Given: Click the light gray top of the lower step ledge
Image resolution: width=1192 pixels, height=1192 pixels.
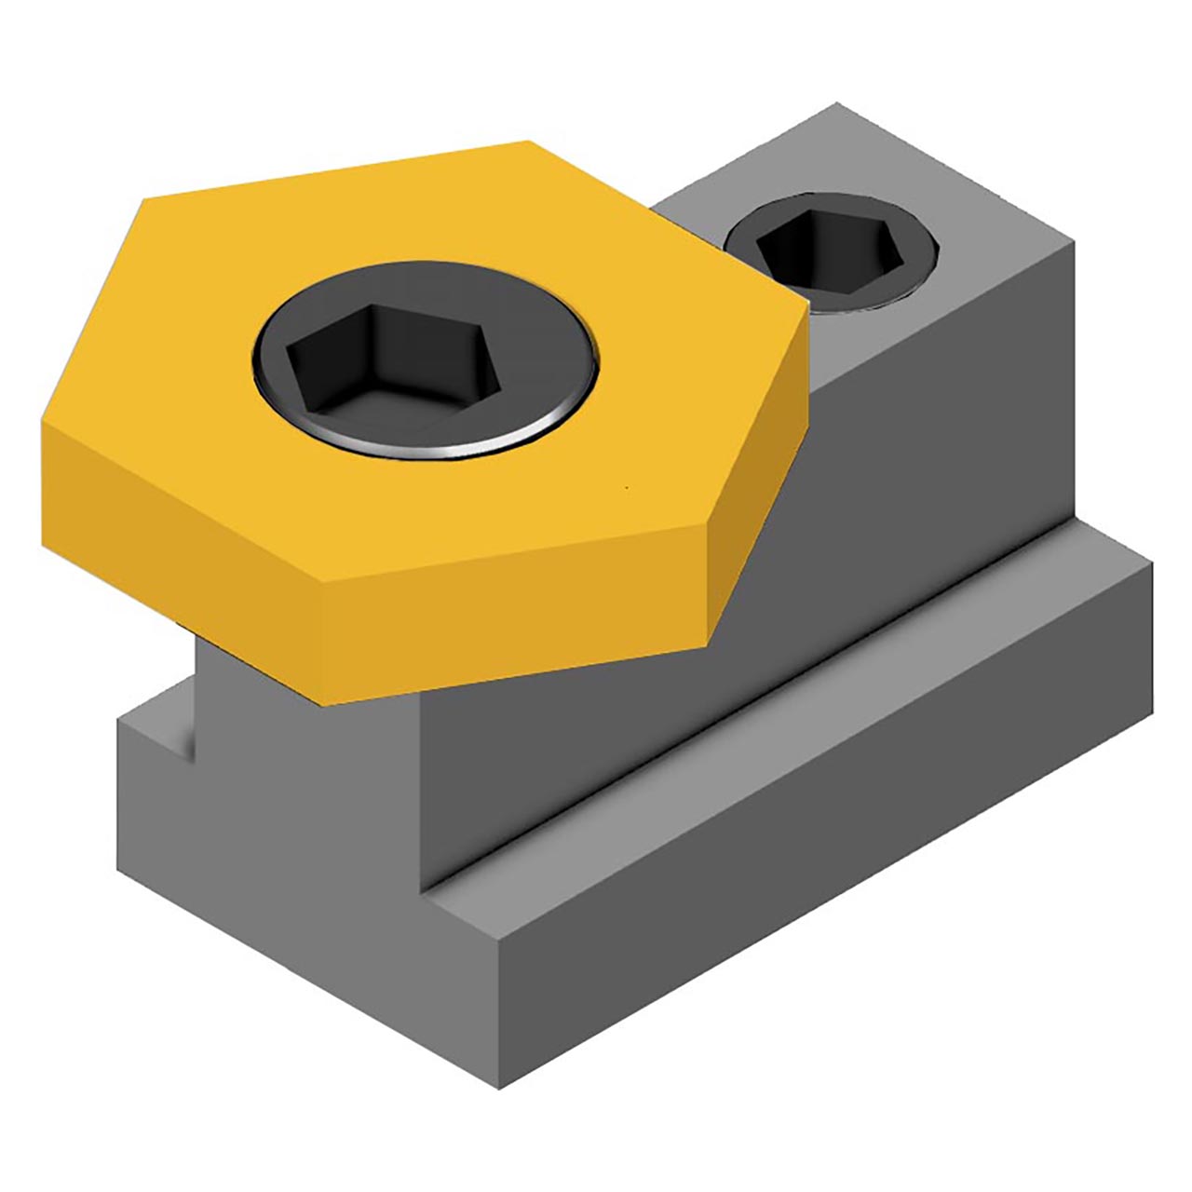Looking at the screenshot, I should click(792, 717).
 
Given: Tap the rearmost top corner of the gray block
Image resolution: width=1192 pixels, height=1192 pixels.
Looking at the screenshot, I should click(835, 105).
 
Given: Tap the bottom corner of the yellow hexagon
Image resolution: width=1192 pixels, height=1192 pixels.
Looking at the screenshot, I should click(321, 703).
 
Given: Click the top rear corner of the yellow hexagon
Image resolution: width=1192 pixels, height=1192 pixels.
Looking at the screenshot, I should click(528, 142).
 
